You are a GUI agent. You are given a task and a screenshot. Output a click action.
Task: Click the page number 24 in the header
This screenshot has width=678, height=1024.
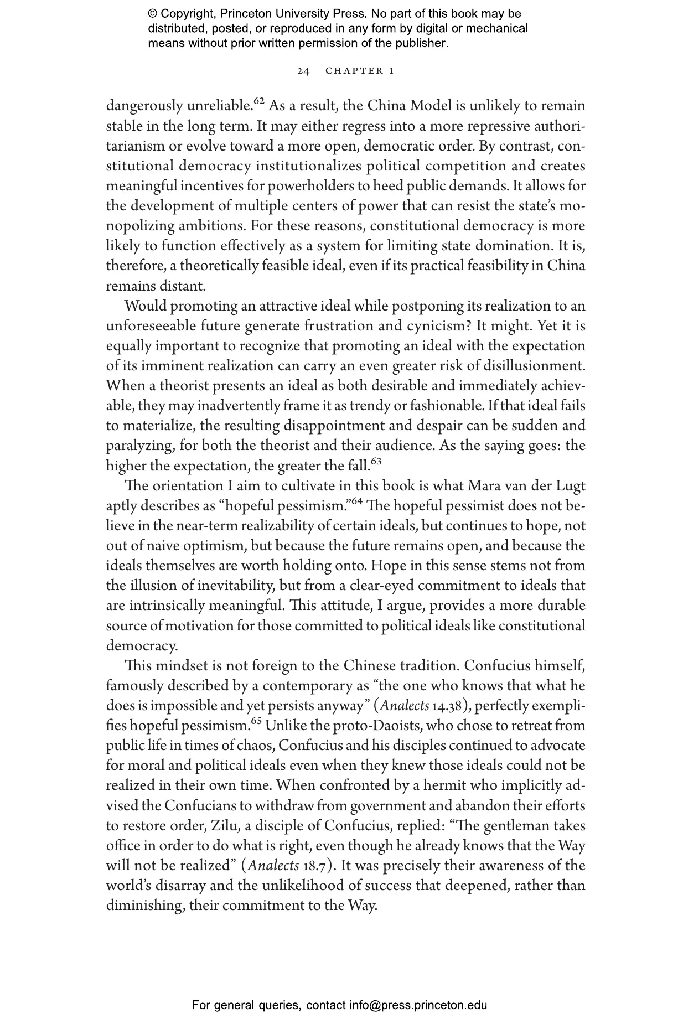pos(303,71)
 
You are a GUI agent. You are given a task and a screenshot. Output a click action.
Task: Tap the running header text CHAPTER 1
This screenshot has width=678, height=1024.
pos(360,71)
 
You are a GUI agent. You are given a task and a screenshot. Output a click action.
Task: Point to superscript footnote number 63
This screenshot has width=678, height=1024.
pos(376,461)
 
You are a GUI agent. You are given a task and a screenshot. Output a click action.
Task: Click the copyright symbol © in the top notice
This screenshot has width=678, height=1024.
pos(153,14)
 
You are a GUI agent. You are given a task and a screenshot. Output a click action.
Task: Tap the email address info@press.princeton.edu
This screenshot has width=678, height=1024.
pos(418,1005)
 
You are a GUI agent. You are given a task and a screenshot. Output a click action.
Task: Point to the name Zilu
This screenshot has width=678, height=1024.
pos(224,826)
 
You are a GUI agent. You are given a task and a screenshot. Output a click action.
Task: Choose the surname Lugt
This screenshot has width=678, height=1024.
pos(569,486)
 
